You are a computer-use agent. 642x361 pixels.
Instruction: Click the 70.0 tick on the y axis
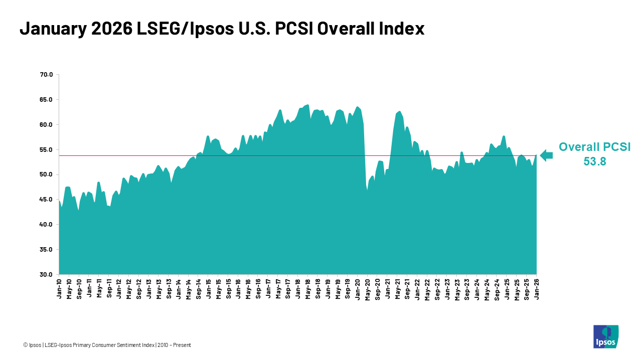(46, 75)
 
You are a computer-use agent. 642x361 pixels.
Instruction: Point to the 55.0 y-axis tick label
(46, 149)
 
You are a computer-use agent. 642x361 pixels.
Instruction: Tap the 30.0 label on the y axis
(46, 275)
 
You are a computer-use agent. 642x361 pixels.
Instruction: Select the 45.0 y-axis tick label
(46, 200)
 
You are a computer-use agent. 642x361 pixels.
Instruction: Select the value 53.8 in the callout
(594, 161)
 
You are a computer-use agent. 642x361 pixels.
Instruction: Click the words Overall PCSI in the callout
(594, 147)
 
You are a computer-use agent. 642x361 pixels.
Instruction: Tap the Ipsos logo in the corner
(605, 336)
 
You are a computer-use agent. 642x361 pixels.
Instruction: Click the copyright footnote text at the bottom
(107, 345)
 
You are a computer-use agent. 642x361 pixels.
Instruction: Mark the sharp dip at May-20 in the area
(367, 190)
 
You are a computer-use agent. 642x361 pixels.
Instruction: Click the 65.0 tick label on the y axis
(46, 100)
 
